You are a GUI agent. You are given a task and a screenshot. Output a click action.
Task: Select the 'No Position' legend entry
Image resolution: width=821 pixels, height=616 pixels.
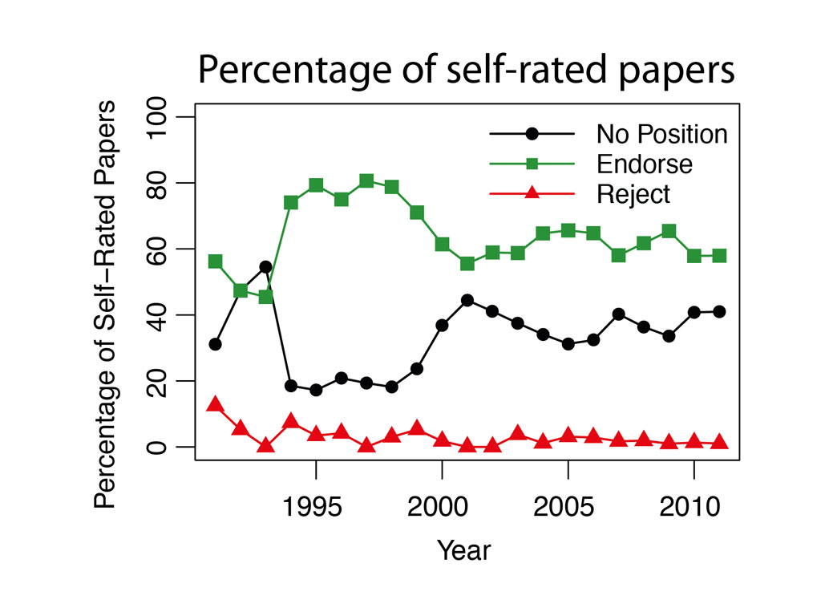(x=661, y=134)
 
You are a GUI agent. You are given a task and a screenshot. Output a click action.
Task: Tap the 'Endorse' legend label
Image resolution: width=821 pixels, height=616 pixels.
(x=644, y=164)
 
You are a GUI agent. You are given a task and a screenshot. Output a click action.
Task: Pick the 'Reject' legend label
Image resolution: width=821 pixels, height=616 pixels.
(x=633, y=194)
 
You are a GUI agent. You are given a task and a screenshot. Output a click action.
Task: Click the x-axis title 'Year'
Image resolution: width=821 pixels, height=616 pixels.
(x=463, y=551)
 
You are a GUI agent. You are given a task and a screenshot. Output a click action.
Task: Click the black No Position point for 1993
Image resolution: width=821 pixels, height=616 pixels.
(x=265, y=267)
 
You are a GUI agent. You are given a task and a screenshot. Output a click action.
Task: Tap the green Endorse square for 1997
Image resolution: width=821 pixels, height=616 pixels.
(x=366, y=180)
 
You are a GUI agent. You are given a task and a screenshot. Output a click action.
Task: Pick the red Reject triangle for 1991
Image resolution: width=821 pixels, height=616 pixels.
(x=215, y=403)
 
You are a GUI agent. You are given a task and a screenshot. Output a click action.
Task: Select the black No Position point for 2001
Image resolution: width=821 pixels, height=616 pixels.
(x=467, y=301)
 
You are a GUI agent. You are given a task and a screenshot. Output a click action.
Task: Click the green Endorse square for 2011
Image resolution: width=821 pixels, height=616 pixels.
(x=719, y=256)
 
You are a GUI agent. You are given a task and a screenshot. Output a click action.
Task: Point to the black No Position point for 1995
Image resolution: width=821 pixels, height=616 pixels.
(x=316, y=390)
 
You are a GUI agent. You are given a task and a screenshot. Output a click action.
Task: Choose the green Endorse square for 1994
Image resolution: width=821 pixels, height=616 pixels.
(x=291, y=202)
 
